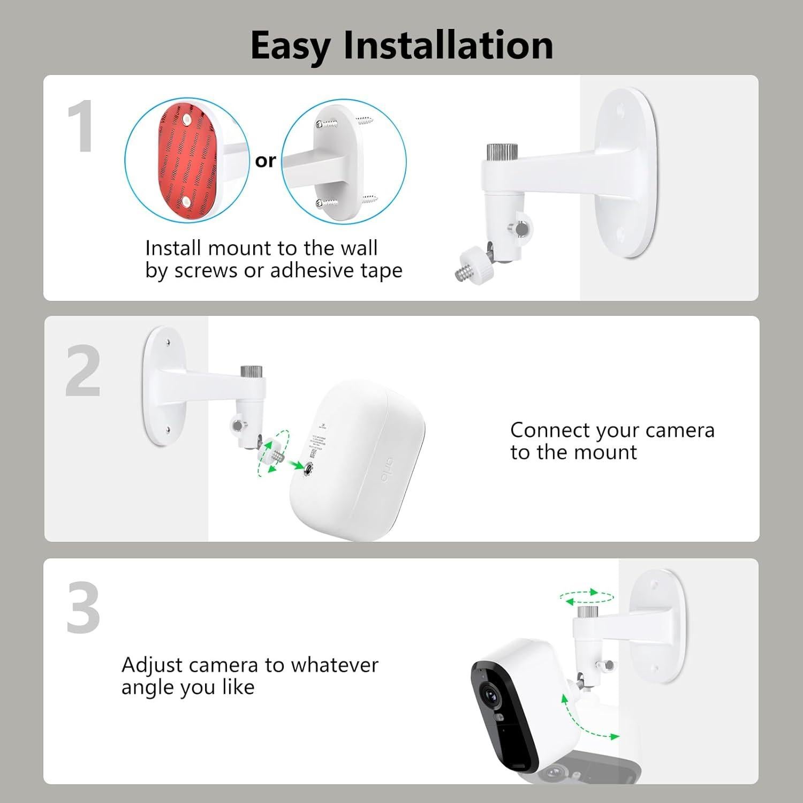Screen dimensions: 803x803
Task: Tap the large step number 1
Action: pos(81,127)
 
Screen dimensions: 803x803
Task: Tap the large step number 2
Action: pos(83,371)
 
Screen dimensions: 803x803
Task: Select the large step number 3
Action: pos(83,608)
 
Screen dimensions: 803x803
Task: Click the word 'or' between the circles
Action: pos(266,161)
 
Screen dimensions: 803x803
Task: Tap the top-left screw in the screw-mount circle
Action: pos(321,124)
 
